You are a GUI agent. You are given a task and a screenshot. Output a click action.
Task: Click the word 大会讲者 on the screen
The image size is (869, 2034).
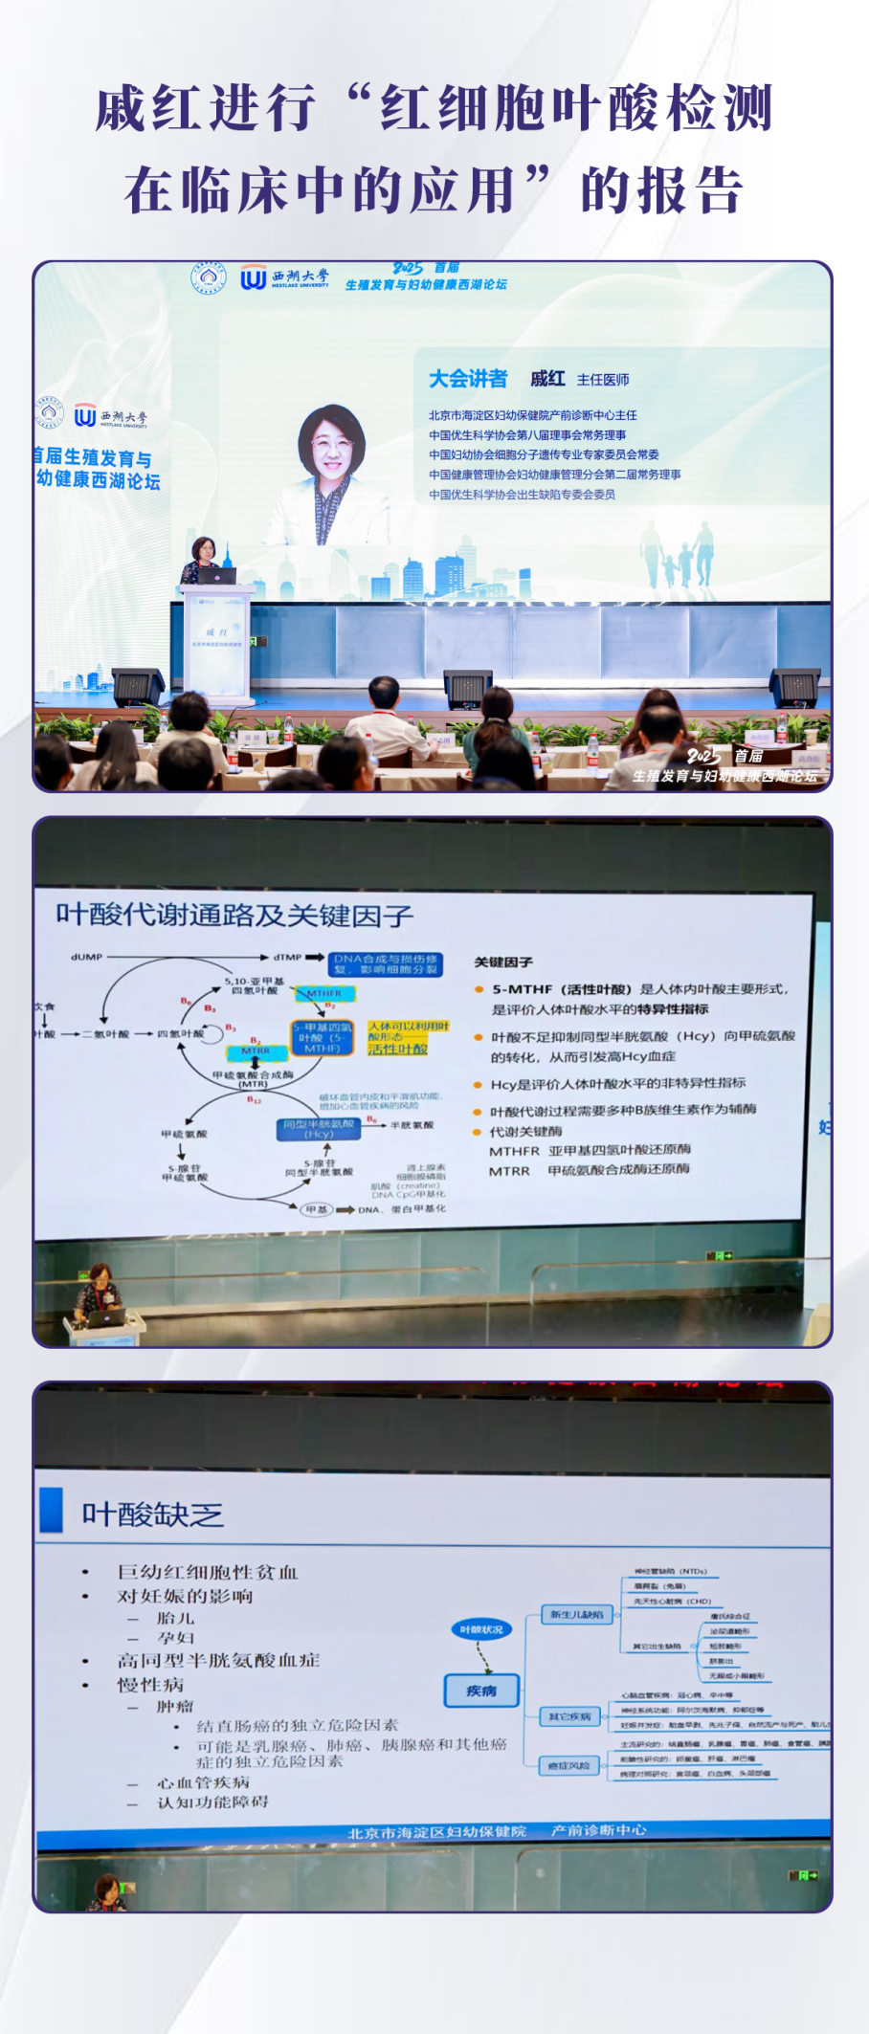(468, 379)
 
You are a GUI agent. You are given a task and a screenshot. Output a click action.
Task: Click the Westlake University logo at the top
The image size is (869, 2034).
(284, 277)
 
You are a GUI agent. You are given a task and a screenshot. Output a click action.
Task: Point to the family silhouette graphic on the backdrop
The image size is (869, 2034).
(680, 555)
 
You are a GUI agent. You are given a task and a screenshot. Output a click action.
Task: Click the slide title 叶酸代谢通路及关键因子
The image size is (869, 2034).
(234, 916)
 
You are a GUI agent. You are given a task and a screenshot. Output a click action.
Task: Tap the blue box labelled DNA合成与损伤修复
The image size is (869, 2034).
(386, 963)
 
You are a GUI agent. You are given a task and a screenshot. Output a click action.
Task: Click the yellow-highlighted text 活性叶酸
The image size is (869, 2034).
(397, 1049)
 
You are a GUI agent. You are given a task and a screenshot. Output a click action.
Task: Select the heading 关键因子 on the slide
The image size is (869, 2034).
(503, 962)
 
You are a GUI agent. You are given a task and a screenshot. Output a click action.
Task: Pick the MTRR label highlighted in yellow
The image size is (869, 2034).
(255, 1051)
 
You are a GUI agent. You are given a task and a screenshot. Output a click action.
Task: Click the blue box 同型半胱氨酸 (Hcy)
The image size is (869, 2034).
(319, 1128)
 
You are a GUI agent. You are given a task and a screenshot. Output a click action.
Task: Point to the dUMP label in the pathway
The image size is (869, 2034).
(86, 957)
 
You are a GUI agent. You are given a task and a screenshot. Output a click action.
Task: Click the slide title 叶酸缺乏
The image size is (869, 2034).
(152, 1514)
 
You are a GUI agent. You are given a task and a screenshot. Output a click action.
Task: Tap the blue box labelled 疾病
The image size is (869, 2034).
(481, 1691)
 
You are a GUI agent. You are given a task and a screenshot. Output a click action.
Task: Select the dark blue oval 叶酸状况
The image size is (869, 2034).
(481, 1629)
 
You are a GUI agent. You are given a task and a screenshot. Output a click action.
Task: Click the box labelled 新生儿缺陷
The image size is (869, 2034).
(577, 1615)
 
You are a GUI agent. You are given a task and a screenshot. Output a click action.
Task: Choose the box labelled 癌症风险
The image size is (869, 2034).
(569, 1765)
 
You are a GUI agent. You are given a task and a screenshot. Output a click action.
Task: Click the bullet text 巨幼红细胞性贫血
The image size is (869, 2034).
(207, 1572)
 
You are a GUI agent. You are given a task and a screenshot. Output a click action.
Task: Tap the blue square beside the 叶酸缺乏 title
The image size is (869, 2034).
(52, 1509)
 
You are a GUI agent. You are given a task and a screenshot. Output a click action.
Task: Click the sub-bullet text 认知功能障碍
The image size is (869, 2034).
(212, 1802)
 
